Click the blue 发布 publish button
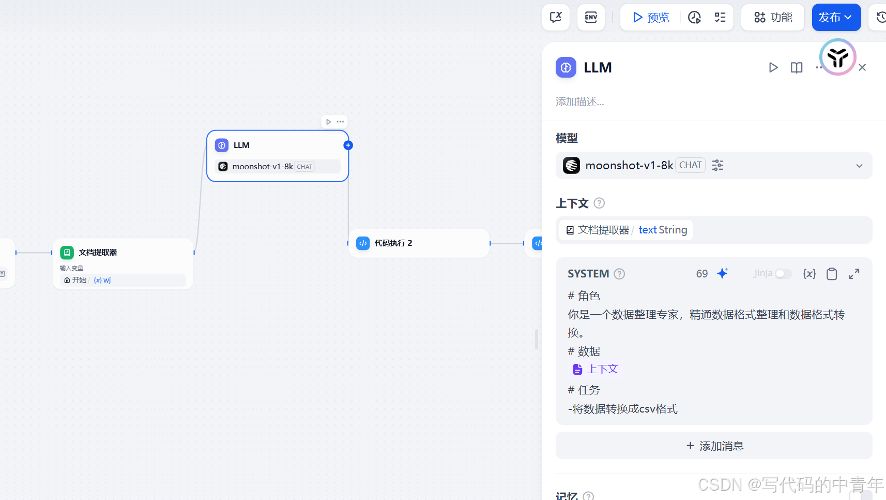(835, 18)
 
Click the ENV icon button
(591, 18)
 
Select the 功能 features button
(773, 18)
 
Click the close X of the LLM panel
(862, 68)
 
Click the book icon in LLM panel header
(797, 68)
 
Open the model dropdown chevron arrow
(859, 166)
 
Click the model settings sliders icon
(717, 165)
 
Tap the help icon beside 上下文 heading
(599, 203)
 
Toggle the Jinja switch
(783, 274)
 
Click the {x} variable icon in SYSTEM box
(809, 274)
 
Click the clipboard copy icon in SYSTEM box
(832, 274)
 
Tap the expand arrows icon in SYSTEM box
(854, 274)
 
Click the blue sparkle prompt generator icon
(723, 273)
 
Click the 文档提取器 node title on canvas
(98, 253)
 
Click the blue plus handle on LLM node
(348, 145)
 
